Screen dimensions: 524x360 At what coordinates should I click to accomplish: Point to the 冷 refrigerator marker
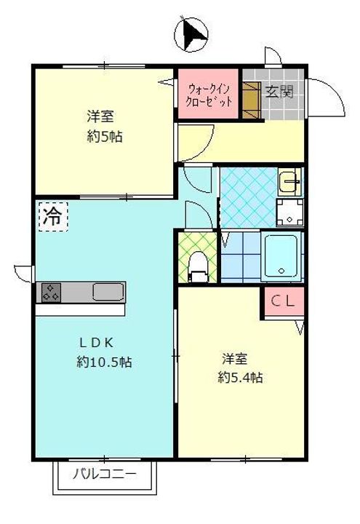[x=52, y=216]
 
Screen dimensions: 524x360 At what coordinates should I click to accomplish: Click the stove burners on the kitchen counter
[x=52, y=292]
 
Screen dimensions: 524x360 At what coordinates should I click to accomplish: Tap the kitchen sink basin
[x=108, y=292]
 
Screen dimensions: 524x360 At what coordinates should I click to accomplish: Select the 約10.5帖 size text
[x=103, y=362]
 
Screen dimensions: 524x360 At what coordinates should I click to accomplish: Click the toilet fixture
[x=196, y=265]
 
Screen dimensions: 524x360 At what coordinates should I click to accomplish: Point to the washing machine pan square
[x=289, y=213]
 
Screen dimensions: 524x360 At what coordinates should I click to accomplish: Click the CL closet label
[x=283, y=301]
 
